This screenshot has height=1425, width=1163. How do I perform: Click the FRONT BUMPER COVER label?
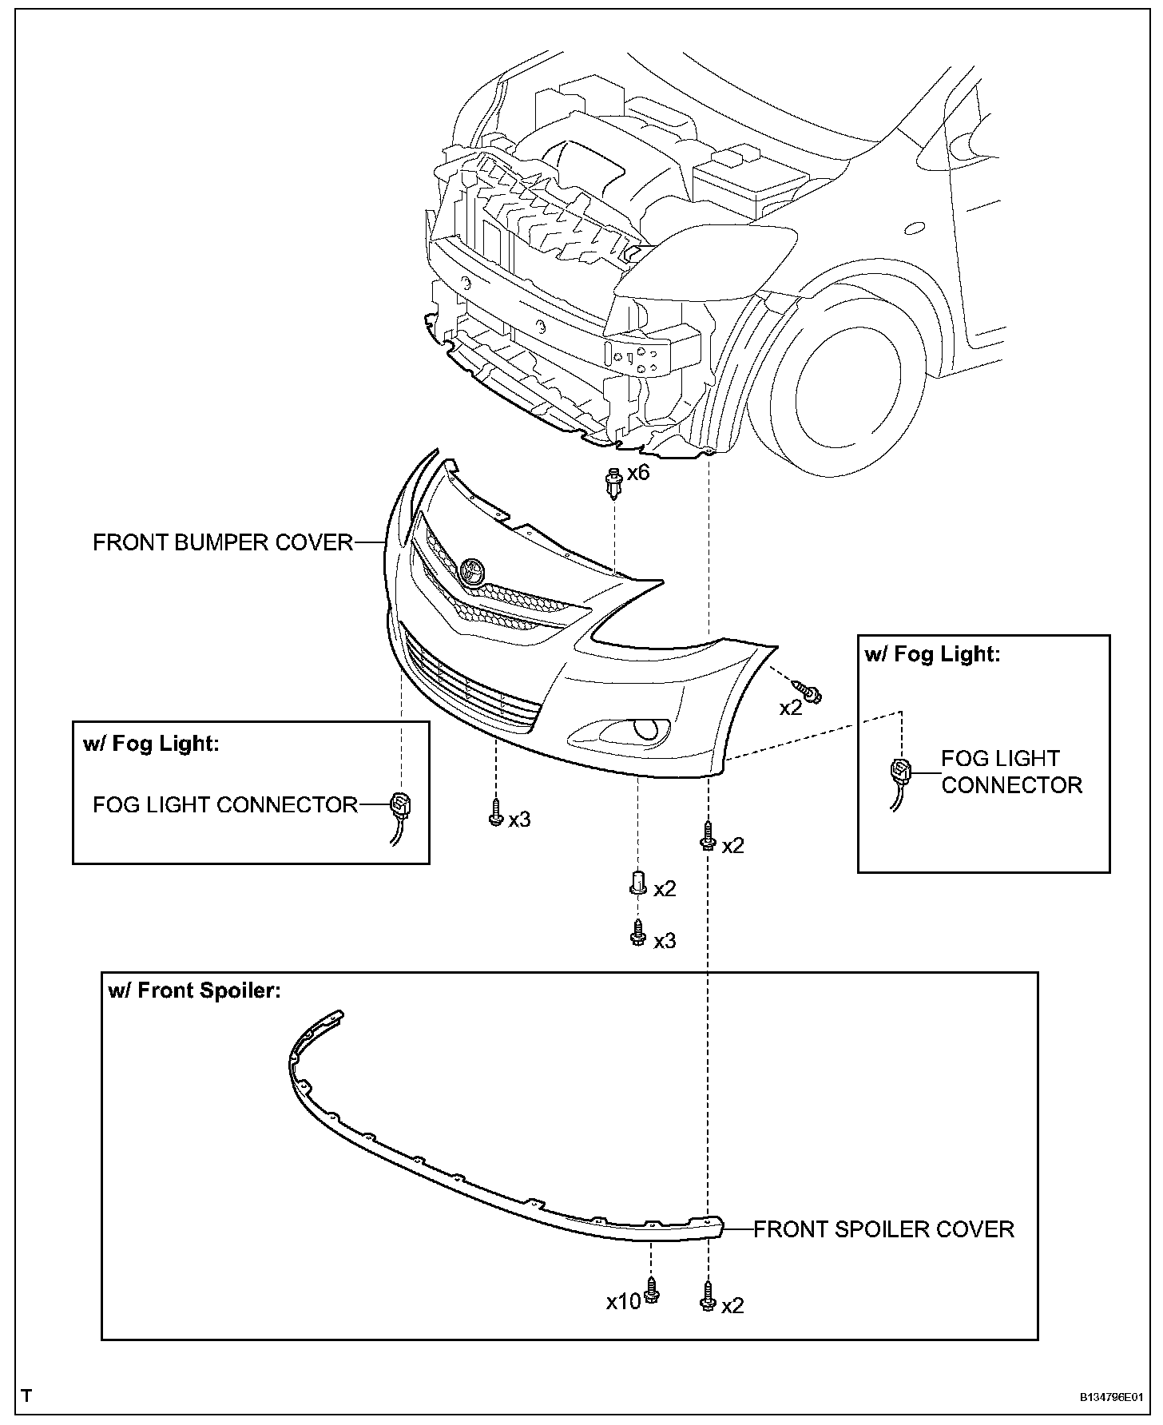coord(223,542)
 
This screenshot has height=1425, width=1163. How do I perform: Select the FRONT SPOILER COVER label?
coord(883,1229)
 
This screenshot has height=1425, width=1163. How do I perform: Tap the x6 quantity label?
coord(638,473)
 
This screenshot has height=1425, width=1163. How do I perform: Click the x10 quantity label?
coord(623,1302)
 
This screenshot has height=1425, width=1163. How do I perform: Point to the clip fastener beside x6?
coord(613,482)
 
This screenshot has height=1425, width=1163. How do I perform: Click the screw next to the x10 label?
coord(652,1290)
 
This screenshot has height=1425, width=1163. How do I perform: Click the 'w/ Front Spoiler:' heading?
coord(194,991)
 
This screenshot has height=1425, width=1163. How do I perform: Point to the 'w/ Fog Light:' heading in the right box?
coord(932,655)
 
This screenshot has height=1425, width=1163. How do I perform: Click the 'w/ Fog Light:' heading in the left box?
coord(150,744)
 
